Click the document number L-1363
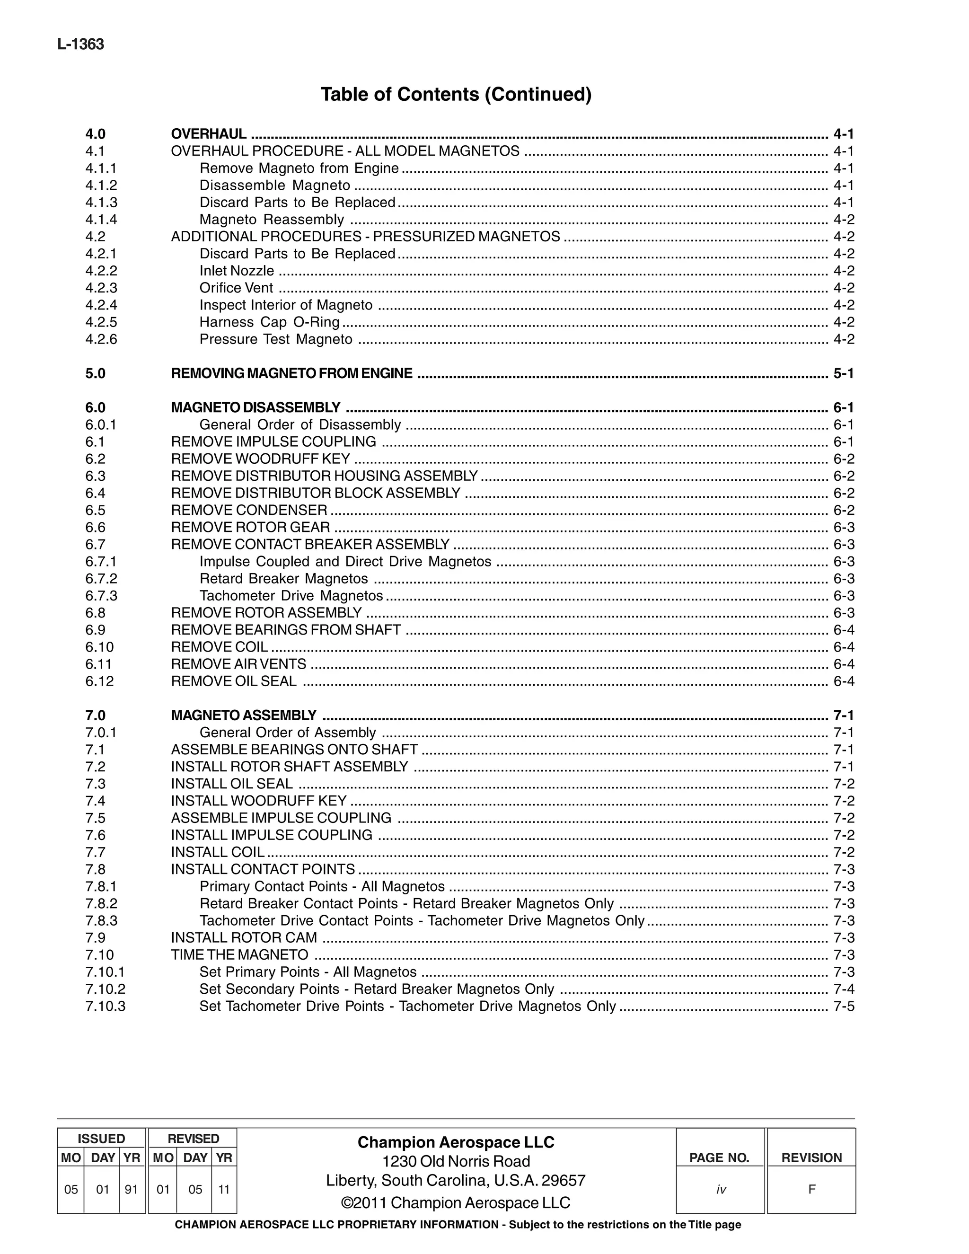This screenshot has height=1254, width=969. point(80,44)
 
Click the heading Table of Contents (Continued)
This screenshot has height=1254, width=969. point(456,94)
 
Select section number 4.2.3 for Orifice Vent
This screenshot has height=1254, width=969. point(101,288)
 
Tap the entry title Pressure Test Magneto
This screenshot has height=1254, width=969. point(275,339)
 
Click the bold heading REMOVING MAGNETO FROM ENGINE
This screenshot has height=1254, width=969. point(291,373)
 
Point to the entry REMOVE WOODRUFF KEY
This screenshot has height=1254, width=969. point(260,459)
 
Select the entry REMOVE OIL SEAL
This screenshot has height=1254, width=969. point(234,681)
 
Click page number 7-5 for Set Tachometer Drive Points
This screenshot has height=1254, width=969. point(843,1006)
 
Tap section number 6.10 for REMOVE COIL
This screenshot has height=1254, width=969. point(99,647)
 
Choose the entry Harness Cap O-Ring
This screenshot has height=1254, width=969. point(269,322)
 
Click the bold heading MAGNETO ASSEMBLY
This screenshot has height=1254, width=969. point(243,715)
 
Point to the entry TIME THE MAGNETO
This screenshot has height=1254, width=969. point(239,955)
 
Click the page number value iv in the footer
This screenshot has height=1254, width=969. point(721,1190)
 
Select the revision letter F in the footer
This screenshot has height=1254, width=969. point(811,1189)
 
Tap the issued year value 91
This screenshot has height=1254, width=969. point(132,1190)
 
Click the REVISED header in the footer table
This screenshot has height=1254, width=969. point(193,1139)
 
